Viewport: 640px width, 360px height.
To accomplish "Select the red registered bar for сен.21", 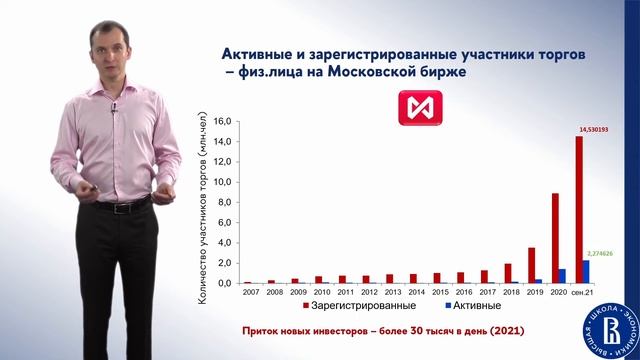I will click(x=579, y=210).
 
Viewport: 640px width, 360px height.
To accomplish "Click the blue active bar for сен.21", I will click(x=587, y=271).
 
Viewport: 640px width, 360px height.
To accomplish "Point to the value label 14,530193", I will click(x=594, y=130).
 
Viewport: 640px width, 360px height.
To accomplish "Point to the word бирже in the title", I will click(x=440, y=72).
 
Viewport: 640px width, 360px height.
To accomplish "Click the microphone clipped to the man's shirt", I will click(x=113, y=108).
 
